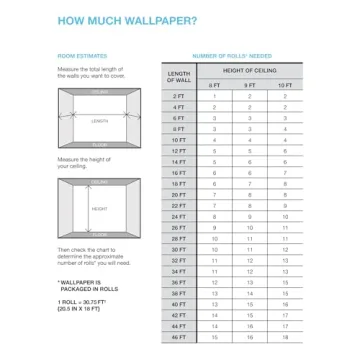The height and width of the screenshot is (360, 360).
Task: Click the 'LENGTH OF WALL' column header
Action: click(x=180, y=78)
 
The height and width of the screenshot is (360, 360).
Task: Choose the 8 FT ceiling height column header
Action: click(x=214, y=85)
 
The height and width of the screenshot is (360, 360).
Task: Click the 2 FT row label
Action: click(x=180, y=96)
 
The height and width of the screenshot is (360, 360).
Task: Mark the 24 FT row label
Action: click(x=180, y=216)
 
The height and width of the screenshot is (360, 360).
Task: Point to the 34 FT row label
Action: click(x=180, y=271)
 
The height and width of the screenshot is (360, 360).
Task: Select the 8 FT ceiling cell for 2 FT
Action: click(x=214, y=96)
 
